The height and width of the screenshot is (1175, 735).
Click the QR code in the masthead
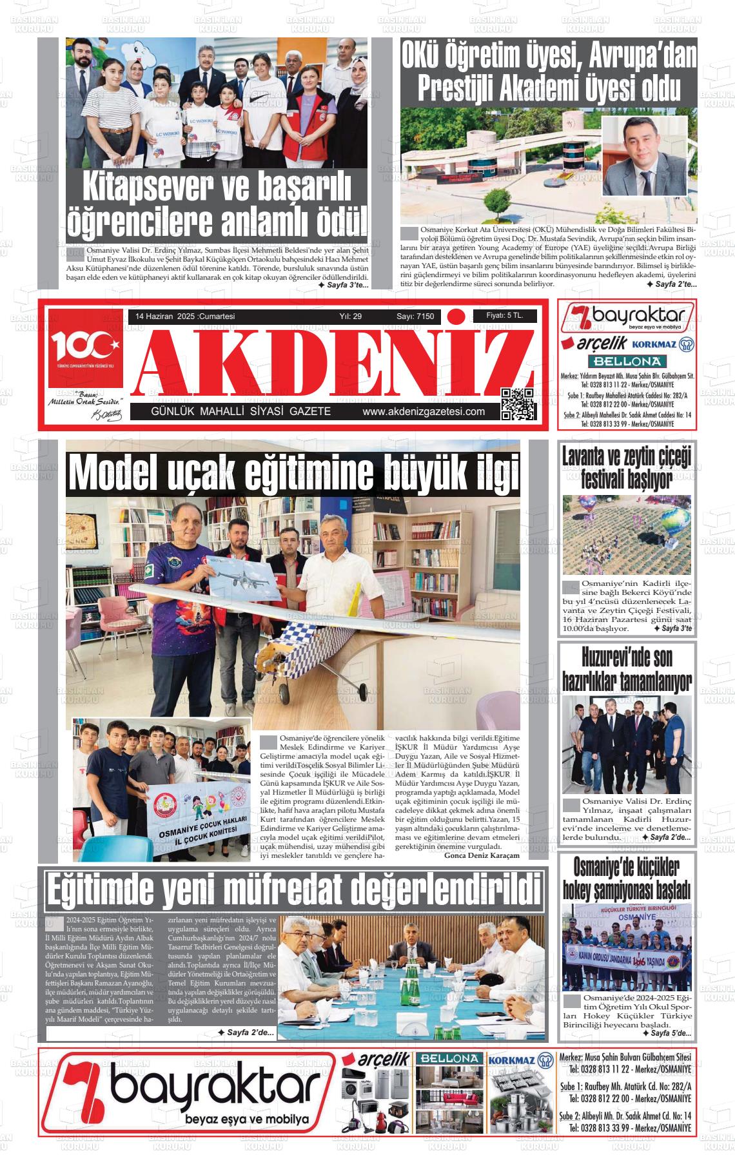pyautogui.click(x=518, y=404)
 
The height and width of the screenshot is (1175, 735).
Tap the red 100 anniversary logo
pyautogui.click(x=84, y=348)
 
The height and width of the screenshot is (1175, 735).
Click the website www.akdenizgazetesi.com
pyautogui.click(x=424, y=412)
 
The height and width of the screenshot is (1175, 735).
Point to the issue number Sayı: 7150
pyautogui.click(x=415, y=316)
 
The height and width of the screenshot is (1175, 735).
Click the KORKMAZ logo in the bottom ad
pyautogui.click(x=513, y=1060)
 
